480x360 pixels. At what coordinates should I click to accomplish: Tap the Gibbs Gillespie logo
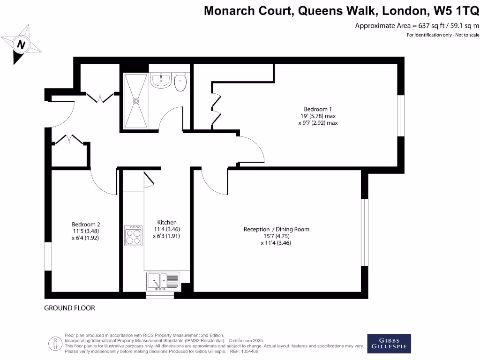click(x=389, y=344)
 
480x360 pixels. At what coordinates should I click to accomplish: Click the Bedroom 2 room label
click(x=86, y=224)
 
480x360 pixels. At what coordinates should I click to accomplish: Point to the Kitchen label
click(x=167, y=222)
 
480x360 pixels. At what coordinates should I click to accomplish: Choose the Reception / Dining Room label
click(x=276, y=229)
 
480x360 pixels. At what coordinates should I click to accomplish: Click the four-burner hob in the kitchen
click(x=133, y=235)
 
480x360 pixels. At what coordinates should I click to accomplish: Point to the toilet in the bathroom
click(x=180, y=82)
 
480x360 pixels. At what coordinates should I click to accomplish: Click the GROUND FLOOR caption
click(x=69, y=308)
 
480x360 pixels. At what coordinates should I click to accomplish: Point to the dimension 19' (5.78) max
click(x=318, y=116)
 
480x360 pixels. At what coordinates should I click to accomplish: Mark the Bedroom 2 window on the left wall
click(x=48, y=256)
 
